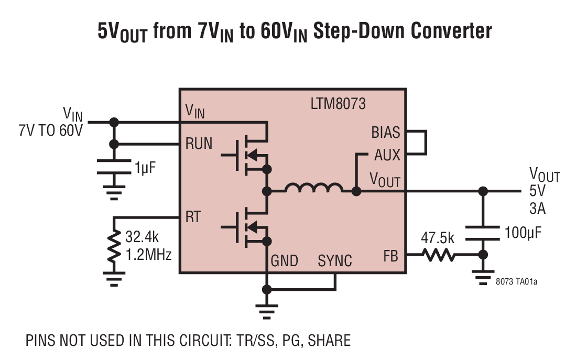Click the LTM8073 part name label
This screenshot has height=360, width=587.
click(338, 104)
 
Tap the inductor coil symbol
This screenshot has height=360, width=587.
click(314, 189)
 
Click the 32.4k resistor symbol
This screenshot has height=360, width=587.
click(113, 246)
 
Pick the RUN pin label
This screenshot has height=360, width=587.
click(199, 144)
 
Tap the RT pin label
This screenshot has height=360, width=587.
click(193, 217)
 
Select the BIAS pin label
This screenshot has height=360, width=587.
click(385, 132)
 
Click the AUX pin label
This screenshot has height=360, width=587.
click(387, 155)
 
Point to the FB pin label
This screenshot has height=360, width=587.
click(390, 256)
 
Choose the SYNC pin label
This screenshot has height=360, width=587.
click(335, 260)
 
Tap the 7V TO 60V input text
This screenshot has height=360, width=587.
click(50, 130)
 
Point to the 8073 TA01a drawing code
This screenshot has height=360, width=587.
click(516, 281)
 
